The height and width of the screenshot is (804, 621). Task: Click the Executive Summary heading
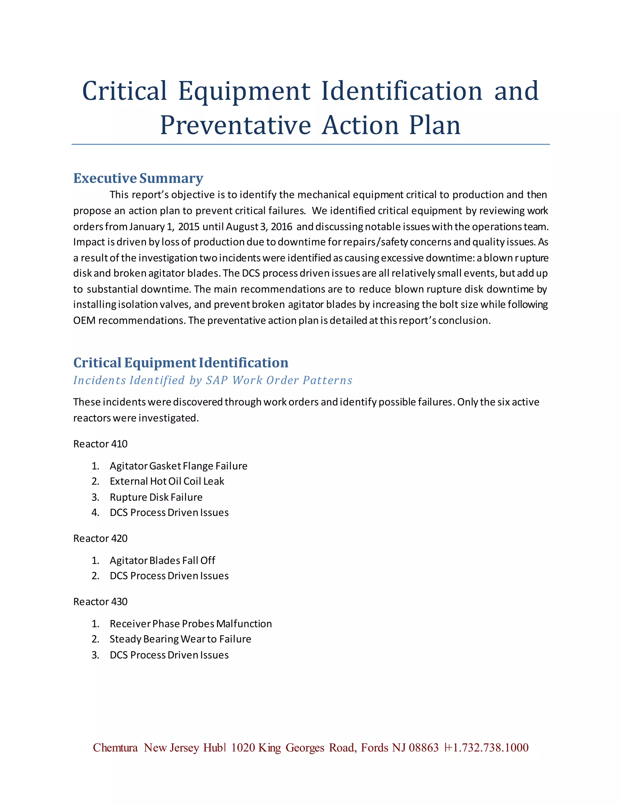click(138, 178)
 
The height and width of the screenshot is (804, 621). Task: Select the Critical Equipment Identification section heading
click(181, 363)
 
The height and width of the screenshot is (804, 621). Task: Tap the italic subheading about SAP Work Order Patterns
click(213, 380)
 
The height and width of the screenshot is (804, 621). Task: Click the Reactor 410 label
click(100, 444)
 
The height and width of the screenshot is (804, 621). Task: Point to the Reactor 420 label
click(100, 539)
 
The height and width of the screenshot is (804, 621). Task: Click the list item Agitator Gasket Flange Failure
click(178, 466)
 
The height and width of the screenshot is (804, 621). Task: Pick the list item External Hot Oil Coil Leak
click(167, 481)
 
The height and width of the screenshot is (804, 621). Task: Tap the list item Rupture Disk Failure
click(156, 497)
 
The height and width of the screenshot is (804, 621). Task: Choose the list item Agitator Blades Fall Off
click(162, 561)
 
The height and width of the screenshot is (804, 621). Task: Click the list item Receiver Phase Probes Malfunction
click(190, 623)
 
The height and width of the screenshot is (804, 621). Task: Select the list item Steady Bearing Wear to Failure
click(180, 639)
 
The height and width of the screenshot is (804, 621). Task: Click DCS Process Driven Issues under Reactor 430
click(169, 655)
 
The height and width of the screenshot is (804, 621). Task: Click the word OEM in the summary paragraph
click(84, 321)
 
